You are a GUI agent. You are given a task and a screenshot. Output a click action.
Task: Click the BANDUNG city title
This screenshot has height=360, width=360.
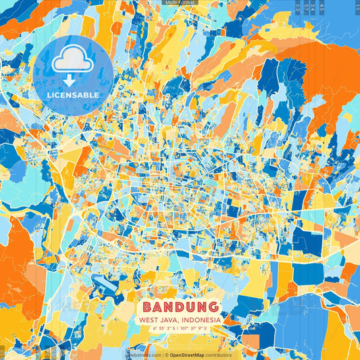coord(180,307)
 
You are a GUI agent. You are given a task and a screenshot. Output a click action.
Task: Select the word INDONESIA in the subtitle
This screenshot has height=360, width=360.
coord(199,319)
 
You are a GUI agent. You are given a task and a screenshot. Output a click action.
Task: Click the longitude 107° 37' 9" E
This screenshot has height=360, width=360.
coord(197,328)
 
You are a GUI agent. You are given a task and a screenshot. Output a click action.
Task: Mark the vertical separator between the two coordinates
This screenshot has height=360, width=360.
coord(180,328)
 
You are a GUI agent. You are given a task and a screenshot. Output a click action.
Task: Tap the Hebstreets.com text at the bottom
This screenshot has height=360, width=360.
coord(144,355)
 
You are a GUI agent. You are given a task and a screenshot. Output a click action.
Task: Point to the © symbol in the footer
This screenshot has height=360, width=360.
coord(166,355)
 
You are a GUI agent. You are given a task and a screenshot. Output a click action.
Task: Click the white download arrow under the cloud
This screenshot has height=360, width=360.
coord(72,80)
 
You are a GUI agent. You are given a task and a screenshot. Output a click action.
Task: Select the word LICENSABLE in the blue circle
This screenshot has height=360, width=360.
coord(72,94)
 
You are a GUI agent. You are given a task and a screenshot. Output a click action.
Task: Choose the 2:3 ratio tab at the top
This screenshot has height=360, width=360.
coord(297,8)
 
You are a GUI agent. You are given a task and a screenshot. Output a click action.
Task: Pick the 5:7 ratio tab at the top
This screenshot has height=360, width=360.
coord(305,8)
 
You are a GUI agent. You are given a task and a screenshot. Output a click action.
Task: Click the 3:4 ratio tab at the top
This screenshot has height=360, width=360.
coord(313,8)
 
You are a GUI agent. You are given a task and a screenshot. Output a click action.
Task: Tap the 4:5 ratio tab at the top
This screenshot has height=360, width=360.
coord(322,8)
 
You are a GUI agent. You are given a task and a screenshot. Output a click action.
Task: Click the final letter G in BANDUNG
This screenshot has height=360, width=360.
coord(212,307)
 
